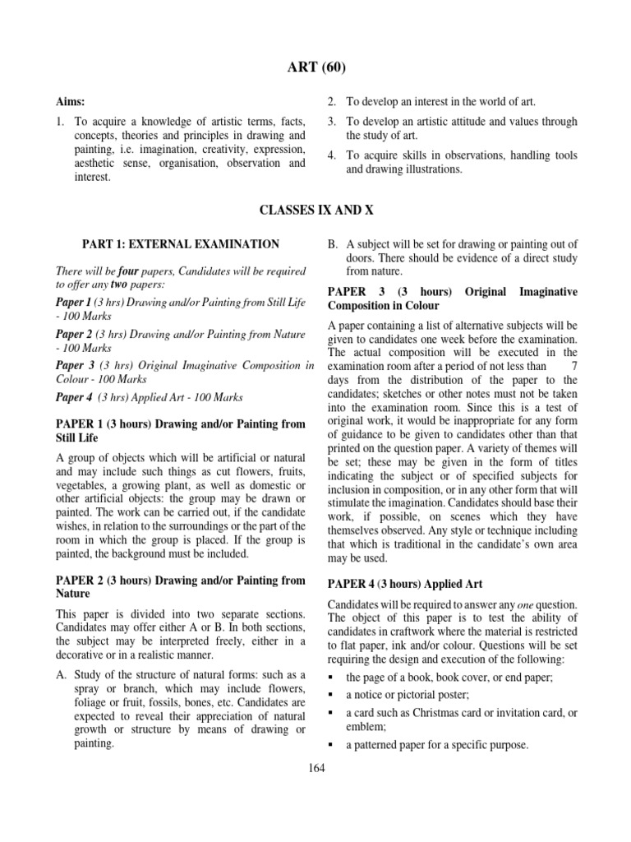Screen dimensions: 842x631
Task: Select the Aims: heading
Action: click(x=70, y=101)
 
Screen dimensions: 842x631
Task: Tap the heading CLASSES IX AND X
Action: click(x=315, y=210)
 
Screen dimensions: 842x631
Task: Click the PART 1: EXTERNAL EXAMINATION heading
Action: click(x=180, y=244)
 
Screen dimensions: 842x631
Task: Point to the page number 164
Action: click(x=316, y=768)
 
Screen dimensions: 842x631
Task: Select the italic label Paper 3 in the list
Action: click(x=75, y=365)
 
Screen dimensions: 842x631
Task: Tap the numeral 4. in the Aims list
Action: click(x=332, y=155)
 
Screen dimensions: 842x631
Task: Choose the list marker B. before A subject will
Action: click(x=334, y=243)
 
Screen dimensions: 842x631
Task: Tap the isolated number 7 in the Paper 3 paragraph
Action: click(x=573, y=366)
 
